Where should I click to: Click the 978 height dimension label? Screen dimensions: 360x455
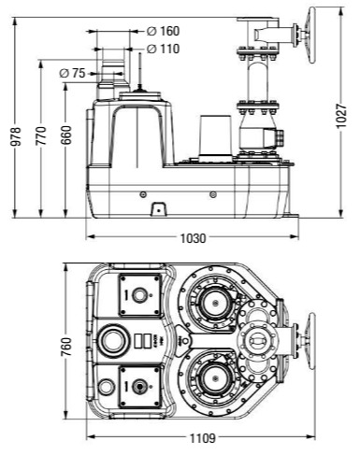pyautogui.click(x=16, y=136)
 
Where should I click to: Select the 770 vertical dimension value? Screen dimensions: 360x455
pyautogui.click(x=41, y=135)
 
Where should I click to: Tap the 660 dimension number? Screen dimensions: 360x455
pyautogui.click(x=65, y=135)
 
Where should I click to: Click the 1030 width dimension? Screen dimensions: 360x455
pyautogui.click(x=194, y=238)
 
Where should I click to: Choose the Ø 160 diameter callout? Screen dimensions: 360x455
pyautogui.click(x=163, y=31)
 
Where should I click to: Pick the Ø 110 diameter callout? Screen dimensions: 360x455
pyautogui.click(x=163, y=49)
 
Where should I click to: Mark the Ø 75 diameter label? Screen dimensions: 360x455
pyautogui.click(x=72, y=74)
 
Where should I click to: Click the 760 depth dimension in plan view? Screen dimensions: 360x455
pyautogui.click(x=65, y=347)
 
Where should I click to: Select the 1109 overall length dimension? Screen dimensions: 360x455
pyautogui.click(x=203, y=438)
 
